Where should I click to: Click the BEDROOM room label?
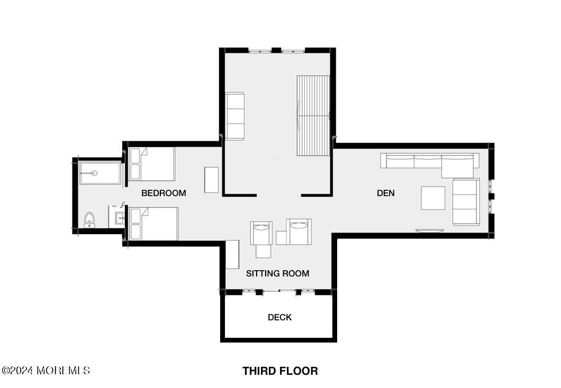(x=164, y=193)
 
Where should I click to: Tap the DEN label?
(x=386, y=193)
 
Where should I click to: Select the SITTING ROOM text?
(x=278, y=274)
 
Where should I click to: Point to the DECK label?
(x=280, y=317)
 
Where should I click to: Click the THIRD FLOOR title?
(x=280, y=371)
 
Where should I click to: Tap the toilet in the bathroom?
(x=89, y=220)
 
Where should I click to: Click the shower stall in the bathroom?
(x=100, y=173)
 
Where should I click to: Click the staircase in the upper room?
(x=313, y=115)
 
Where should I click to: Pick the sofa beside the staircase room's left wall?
(x=234, y=116)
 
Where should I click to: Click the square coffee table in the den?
(x=433, y=198)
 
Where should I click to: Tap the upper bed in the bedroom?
(x=152, y=164)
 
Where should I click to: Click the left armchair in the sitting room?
(x=261, y=233)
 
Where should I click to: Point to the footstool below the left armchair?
(x=264, y=251)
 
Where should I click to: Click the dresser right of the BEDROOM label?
(x=212, y=180)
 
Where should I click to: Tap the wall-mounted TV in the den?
(x=430, y=231)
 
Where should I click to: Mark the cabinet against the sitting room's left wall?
(x=232, y=254)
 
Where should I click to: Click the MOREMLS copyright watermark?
(x=46, y=371)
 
